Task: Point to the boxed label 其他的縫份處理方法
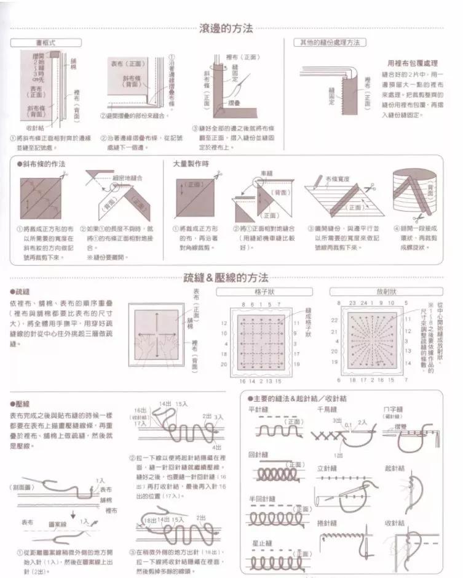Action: click(x=329, y=43)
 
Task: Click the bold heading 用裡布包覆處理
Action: click(x=413, y=63)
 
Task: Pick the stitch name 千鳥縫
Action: click(x=326, y=409)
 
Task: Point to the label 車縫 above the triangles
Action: click(x=266, y=174)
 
